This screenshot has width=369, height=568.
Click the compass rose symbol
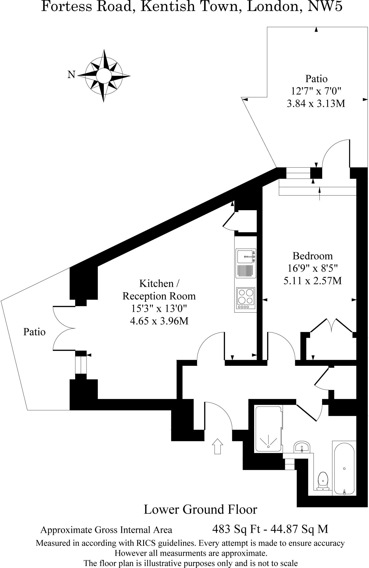104,75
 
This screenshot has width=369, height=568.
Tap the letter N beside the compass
71,74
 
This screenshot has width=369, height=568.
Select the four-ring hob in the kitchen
246,297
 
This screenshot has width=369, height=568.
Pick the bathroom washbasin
302,447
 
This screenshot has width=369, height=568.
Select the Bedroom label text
312,255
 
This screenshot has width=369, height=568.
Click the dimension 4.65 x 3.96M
159,321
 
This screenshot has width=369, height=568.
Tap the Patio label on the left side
34,332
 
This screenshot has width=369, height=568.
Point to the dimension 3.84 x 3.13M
316,104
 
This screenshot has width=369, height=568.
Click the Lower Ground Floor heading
200,509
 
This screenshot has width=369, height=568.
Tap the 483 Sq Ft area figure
236,529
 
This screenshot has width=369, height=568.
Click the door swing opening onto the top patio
335,154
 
